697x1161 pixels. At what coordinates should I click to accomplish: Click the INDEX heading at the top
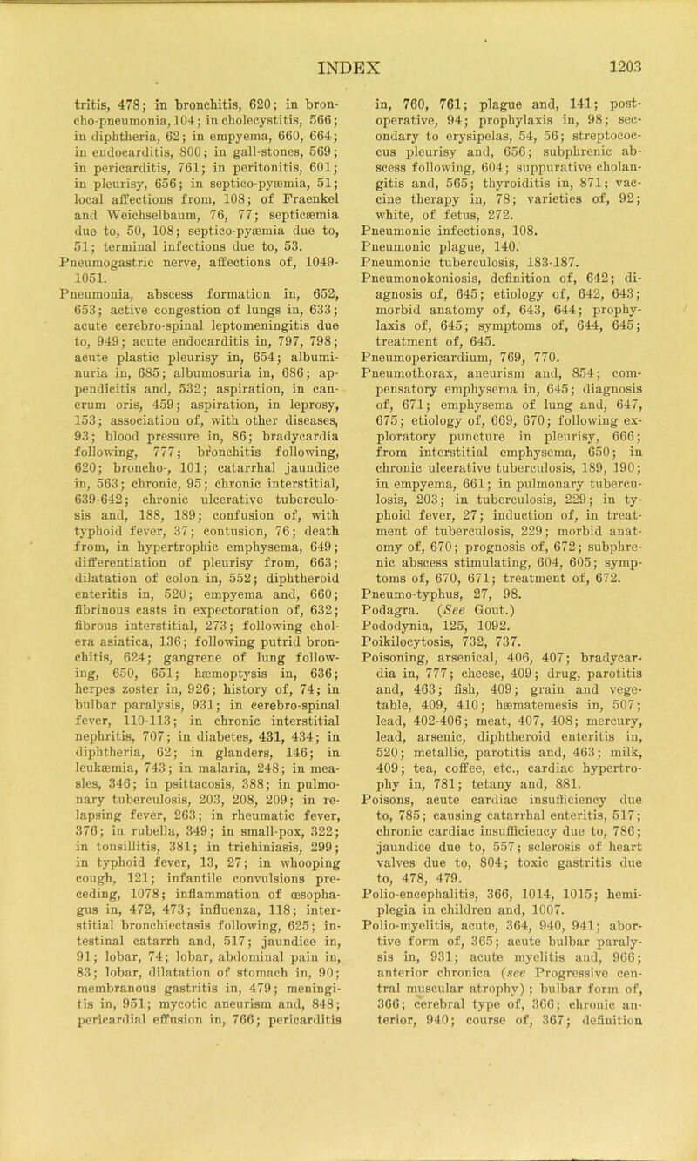[348, 40]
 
